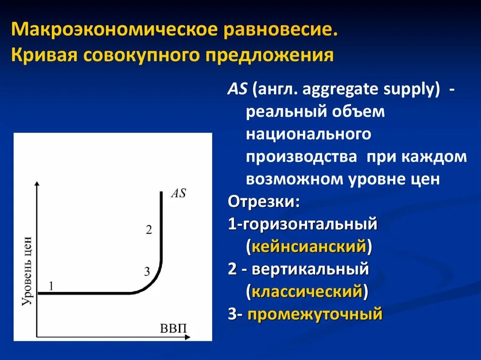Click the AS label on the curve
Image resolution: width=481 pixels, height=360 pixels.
click(178, 193)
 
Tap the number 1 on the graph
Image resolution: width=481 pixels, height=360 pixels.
click(51, 285)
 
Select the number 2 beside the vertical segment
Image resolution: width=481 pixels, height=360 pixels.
click(149, 230)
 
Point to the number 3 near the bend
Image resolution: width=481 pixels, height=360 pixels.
click(147, 271)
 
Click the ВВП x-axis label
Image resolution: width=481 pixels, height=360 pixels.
click(173, 327)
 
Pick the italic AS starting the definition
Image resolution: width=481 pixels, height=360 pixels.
click(238, 90)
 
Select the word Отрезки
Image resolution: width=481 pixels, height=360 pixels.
click(264, 202)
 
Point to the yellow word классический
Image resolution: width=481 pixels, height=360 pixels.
click(307, 292)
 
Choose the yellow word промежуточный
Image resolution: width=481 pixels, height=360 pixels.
click(315, 314)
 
